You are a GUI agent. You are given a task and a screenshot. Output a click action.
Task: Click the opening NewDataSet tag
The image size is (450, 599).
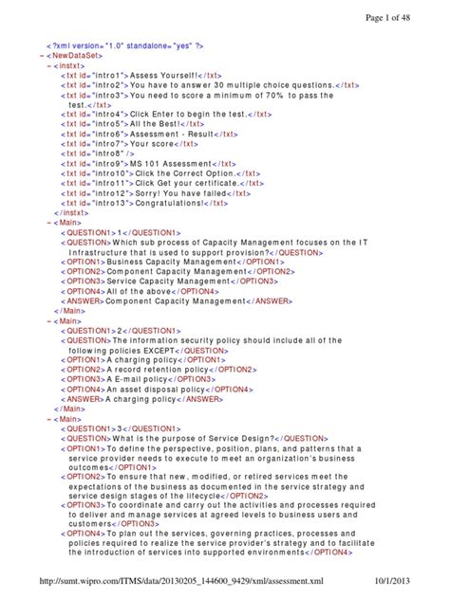pos(77,55)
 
